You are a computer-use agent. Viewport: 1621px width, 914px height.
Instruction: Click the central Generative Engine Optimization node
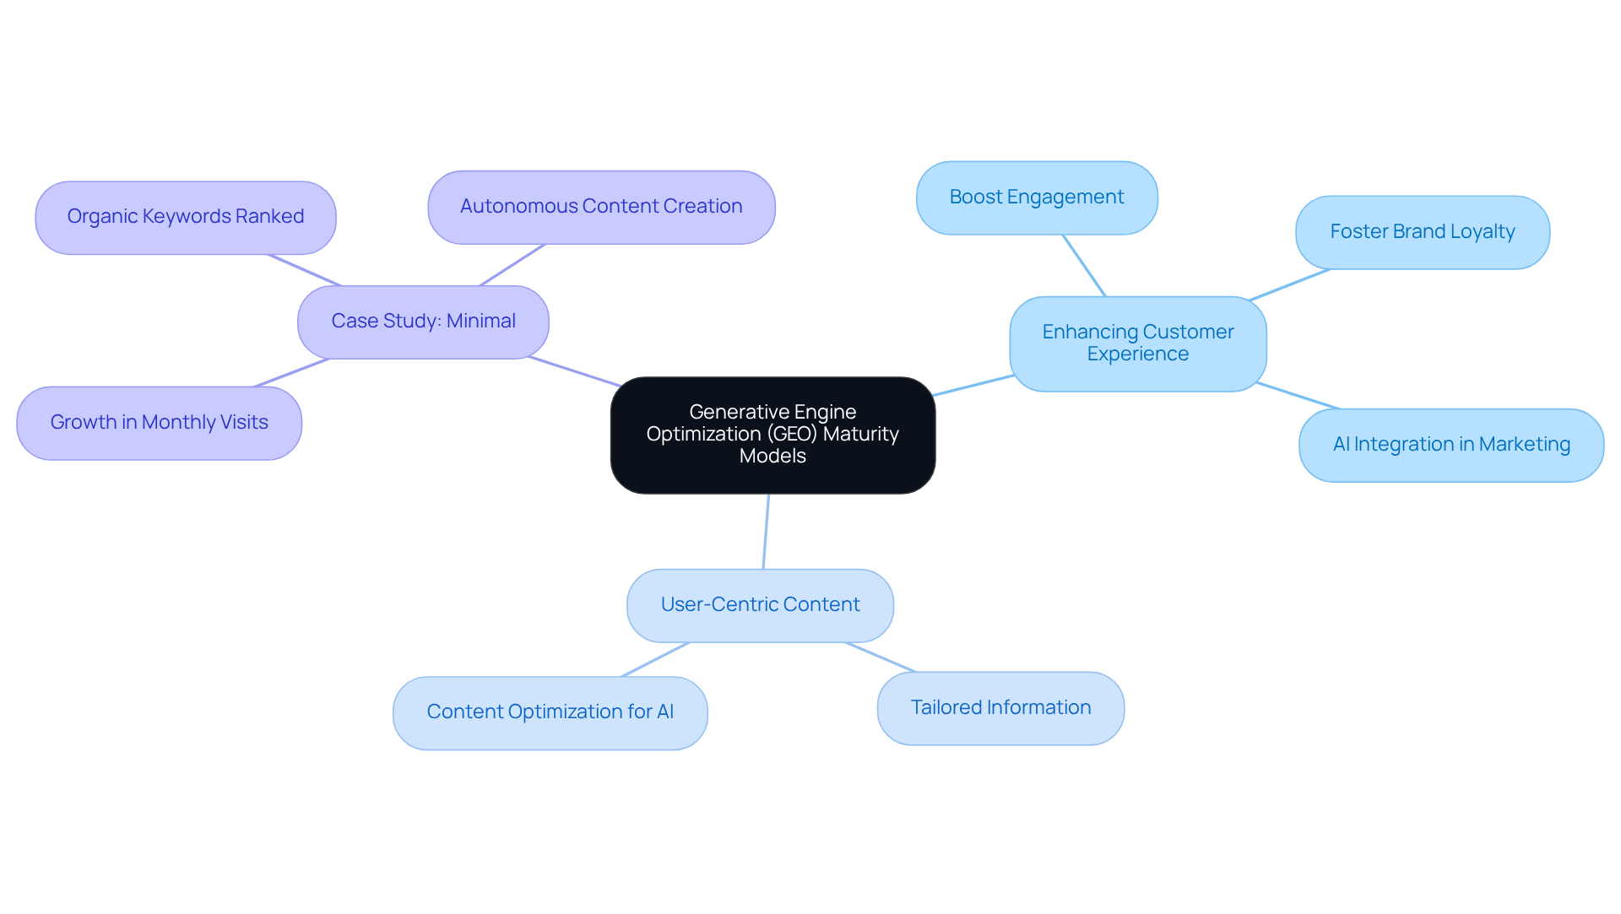pyautogui.click(x=773, y=435)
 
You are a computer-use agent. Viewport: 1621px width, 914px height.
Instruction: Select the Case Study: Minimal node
pyautogui.click(x=423, y=322)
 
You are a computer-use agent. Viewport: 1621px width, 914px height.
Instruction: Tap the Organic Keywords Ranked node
pyautogui.click(x=186, y=217)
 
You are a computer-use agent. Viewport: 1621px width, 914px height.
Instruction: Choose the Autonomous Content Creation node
pyautogui.click(x=601, y=207)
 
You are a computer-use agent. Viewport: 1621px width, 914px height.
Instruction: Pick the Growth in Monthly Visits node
pyautogui.click(x=159, y=423)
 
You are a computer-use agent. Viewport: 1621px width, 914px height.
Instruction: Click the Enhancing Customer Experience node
pyautogui.click(x=1137, y=343)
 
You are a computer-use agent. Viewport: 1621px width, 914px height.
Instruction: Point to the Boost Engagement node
pyautogui.click(x=1036, y=197)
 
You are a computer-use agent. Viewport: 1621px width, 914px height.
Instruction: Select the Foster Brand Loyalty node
pyautogui.click(x=1422, y=232)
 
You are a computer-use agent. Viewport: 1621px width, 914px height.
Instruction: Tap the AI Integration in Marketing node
pyautogui.click(x=1450, y=445)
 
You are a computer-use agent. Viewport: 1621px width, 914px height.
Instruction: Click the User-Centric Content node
pyautogui.click(x=760, y=605)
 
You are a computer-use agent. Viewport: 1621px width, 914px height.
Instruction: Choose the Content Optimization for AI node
pyautogui.click(x=550, y=712)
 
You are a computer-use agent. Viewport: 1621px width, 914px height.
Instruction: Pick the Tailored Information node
pyautogui.click(x=1000, y=708)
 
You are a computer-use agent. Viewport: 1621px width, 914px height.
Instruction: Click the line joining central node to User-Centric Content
pyautogui.click(x=766, y=532)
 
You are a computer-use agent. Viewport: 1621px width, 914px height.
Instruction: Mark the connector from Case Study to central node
pyautogui.click(x=574, y=371)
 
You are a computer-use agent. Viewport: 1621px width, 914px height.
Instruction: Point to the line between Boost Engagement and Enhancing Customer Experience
pyautogui.click(x=1084, y=266)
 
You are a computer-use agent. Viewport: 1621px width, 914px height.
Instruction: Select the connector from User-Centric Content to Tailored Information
pyautogui.click(x=881, y=657)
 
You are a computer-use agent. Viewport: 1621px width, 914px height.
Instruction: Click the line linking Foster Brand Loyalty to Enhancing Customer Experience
pyautogui.click(x=1289, y=285)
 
